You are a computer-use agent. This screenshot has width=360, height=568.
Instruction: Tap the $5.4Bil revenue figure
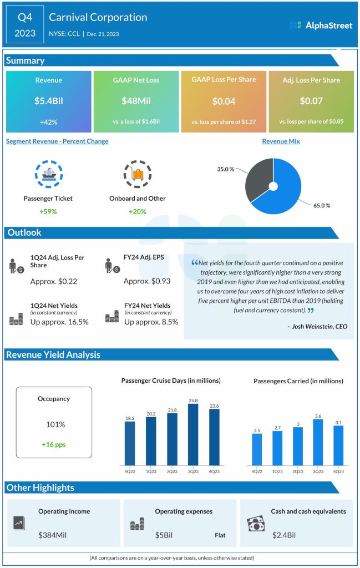tap(48, 101)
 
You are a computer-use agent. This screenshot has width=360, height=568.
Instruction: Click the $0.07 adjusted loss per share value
tap(311, 101)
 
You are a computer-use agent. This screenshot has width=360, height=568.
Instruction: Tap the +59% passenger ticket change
tap(48, 211)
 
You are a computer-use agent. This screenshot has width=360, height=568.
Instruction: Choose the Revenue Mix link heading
tap(281, 141)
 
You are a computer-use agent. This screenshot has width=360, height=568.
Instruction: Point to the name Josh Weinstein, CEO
tap(318, 327)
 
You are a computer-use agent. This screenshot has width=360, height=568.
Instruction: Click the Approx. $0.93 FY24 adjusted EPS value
tap(143, 281)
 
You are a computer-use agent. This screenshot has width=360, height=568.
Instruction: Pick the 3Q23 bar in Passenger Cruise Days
tap(193, 434)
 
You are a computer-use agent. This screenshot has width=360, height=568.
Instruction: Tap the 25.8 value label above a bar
tap(193, 399)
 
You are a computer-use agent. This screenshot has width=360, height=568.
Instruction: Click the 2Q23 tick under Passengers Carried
tap(297, 472)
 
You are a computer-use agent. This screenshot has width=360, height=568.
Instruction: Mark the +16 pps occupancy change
tap(54, 444)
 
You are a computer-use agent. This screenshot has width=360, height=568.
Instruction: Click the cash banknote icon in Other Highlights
tap(256, 524)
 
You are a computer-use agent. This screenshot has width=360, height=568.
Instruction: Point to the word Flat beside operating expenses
tap(220, 536)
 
